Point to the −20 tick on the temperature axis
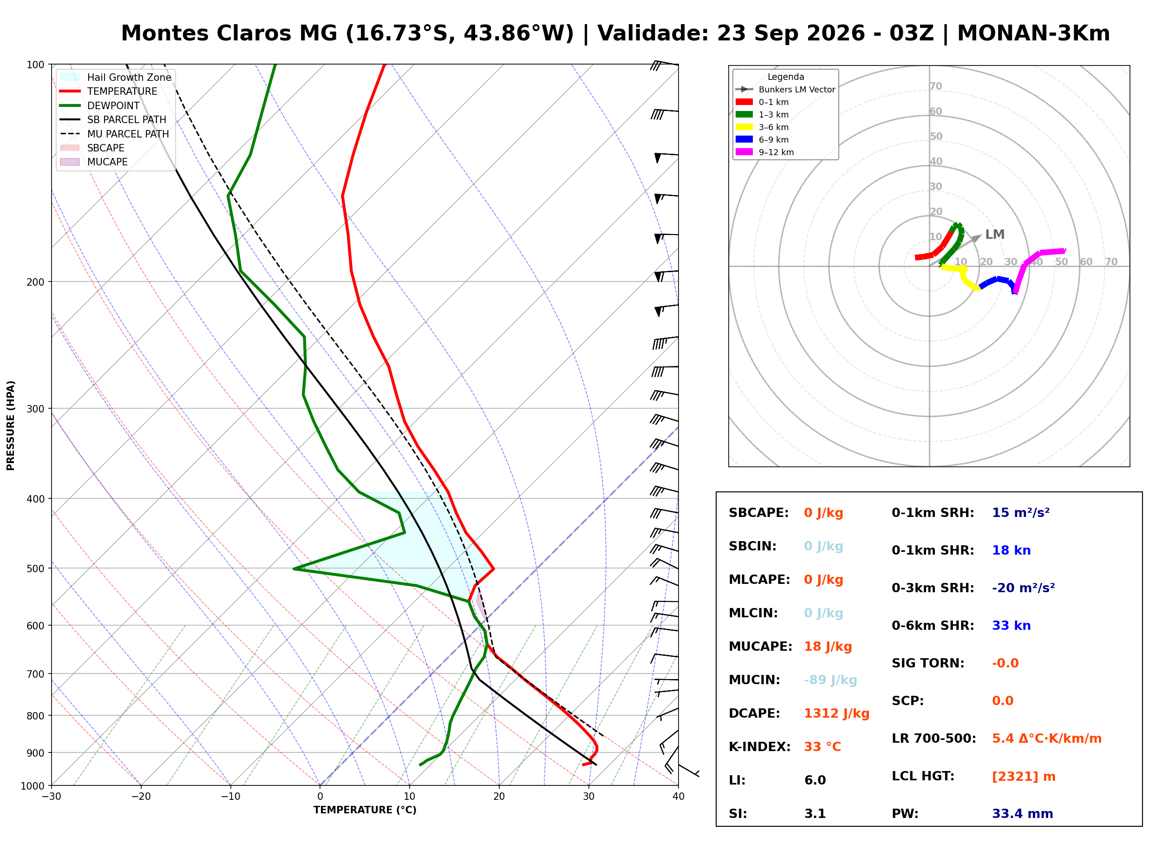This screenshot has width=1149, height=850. point(141,797)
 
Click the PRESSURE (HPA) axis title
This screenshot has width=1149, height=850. point(11,425)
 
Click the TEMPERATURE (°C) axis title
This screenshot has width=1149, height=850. point(365,810)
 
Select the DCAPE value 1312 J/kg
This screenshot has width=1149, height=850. point(836,713)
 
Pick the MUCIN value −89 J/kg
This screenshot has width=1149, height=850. point(830,680)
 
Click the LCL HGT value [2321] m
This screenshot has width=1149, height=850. point(1024,777)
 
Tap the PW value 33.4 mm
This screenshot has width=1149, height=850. point(1023,813)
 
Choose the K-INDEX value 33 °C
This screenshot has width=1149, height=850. point(823,746)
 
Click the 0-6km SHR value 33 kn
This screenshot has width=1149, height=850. point(1011,626)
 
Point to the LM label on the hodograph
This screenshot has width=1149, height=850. point(995,235)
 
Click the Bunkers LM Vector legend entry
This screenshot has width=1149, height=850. point(785,90)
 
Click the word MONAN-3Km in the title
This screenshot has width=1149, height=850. point(1033,33)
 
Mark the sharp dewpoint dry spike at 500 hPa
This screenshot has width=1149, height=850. point(294,569)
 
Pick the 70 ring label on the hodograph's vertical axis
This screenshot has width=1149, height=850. point(935,86)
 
